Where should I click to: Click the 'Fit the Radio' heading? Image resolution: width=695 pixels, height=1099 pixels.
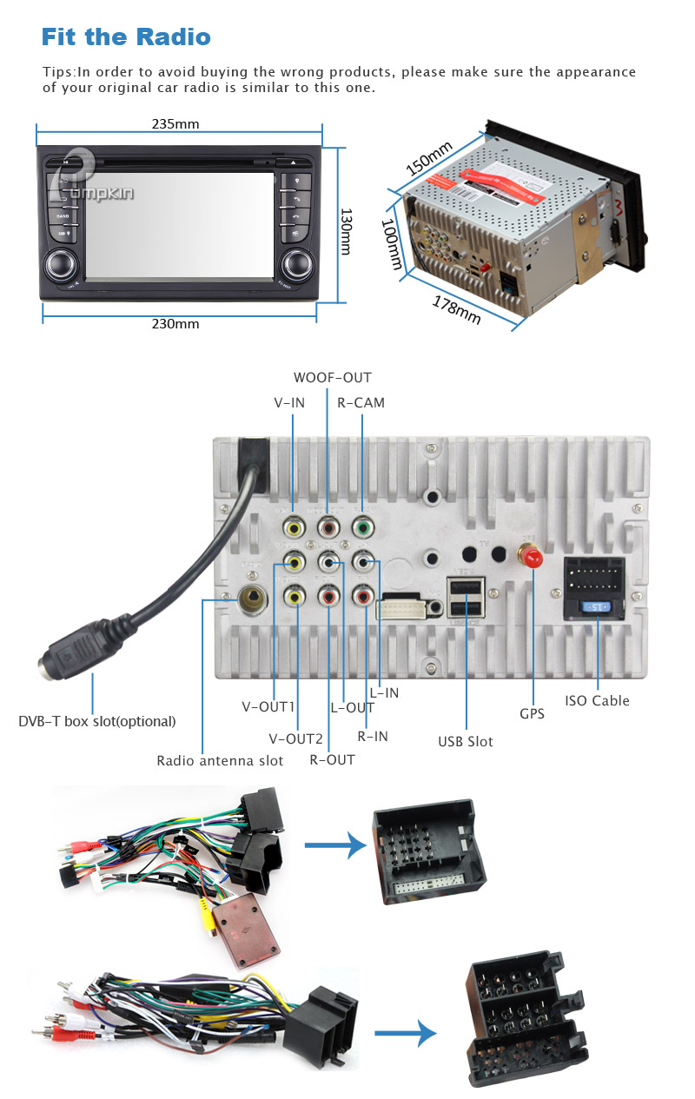coord(126,37)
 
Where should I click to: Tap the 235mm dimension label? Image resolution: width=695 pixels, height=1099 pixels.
coord(175,123)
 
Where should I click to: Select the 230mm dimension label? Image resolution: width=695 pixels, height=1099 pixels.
coord(175,324)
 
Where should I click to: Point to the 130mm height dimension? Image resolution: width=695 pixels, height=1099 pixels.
coord(345,230)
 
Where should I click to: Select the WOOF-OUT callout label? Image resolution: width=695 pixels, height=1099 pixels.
coord(332,377)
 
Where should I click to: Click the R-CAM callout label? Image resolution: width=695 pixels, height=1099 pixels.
coord(361,402)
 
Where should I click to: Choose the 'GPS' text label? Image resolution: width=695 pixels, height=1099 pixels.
coord(532,713)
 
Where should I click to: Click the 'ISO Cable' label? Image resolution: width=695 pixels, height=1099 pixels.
coord(597,700)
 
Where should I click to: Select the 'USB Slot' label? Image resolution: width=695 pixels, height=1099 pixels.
coord(465,741)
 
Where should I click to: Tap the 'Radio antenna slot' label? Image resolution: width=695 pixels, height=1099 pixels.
coord(220,760)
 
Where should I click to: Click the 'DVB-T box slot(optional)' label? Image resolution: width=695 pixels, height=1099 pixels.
coord(97,721)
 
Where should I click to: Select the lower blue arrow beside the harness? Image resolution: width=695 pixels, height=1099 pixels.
coord(405,1033)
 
